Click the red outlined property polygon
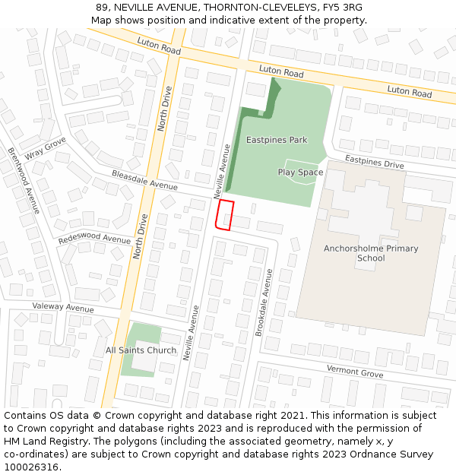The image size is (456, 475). (x=224, y=215)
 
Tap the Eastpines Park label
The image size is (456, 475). (x=277, y=140)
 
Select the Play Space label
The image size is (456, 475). (x=300, y=173)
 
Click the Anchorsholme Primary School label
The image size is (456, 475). (x=371, y=253)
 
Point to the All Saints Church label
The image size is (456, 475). (x=141, y=350)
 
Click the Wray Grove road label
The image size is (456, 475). (x=46, y=149)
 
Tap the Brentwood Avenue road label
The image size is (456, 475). (x=24, y=180)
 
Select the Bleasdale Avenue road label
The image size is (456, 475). (x=144, y=180)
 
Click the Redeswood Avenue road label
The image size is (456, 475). (x=94, y=239)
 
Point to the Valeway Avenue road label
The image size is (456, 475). (x=63, y=308)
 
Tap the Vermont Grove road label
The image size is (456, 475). (x=355, y=372)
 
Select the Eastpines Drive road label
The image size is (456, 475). (x=374, y=162)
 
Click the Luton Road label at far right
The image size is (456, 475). (x=409, y=93)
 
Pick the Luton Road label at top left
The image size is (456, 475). (x=159, y=45)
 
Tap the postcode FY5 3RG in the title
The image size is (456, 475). (x=342, y=8)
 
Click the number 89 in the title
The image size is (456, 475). (x=102, y=8)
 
